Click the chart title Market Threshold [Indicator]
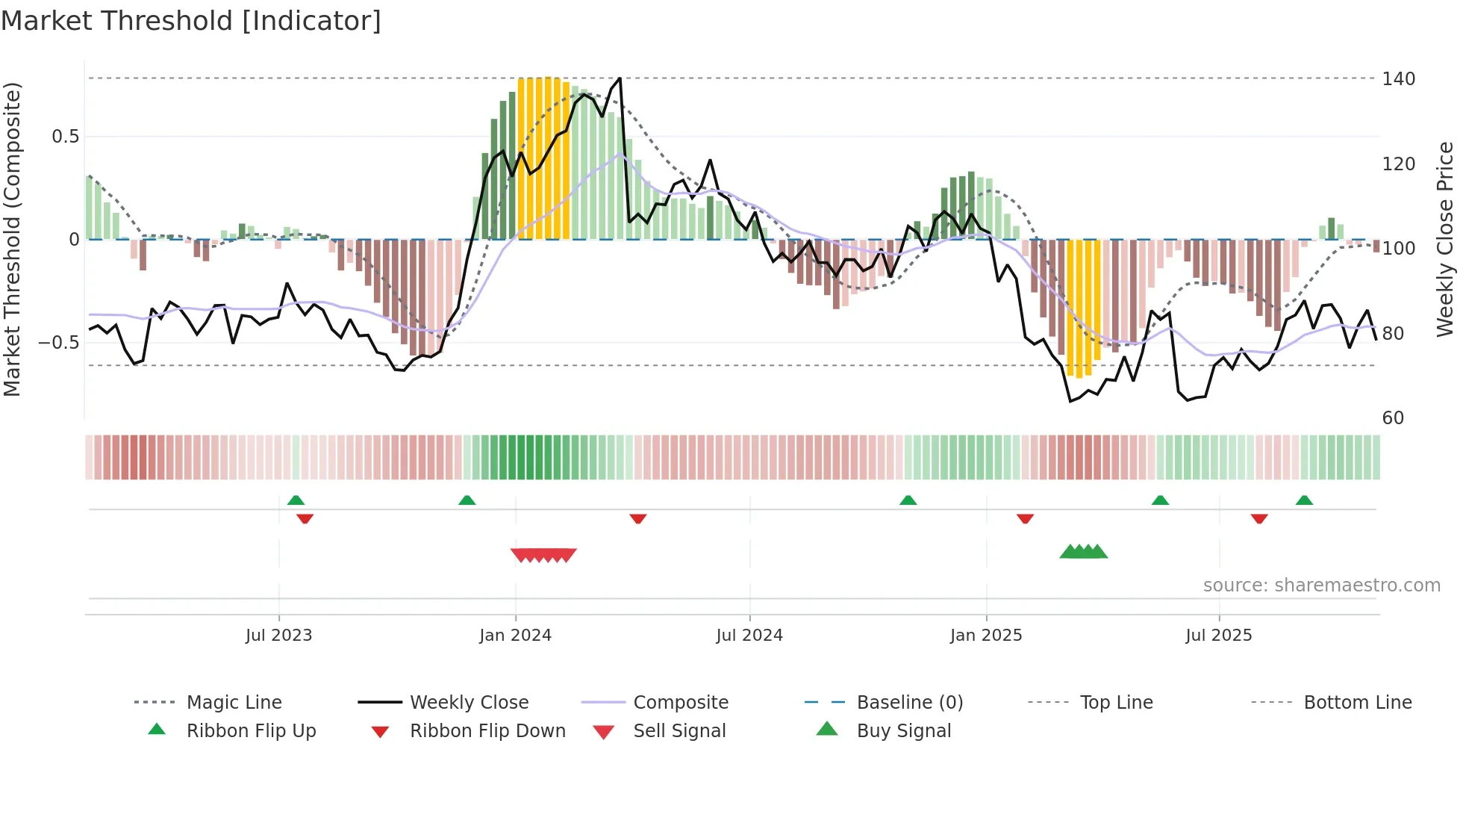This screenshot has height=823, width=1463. (x=191, y=21)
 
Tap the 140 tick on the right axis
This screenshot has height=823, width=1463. (x=1398, y=79)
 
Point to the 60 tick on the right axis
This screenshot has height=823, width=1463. (x=1393, y=418)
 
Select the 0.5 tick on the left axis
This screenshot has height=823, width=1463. (x=65, y=137)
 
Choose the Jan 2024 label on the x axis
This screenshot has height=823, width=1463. (x=515, y=636)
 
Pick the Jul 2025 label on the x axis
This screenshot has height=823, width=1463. (x=1218, y=636)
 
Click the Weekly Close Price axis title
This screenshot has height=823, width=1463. (x=1445, y=239)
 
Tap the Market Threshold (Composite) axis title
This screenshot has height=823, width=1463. (x=12, y=239)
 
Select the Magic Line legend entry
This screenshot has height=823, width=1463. (x=234, y=703)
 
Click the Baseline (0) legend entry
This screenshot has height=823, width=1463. (x=909, y=703)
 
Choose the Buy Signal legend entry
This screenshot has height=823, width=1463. (x=903, y=731)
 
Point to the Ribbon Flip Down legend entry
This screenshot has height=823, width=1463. (x=487, y=731)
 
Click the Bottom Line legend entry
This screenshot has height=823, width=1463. (x=1357, y=703)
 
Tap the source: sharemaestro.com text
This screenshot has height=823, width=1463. (x=1321, y=586)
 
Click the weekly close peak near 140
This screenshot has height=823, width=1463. (x=620, y=78)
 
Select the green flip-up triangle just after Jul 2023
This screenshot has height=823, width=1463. (x=296, y=500)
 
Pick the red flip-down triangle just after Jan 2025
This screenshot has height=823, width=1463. (x=1025, y=518)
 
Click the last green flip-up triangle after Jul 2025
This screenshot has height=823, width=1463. (x=1304, y=500)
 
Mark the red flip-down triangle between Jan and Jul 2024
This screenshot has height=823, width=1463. (x=637, y=518)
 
